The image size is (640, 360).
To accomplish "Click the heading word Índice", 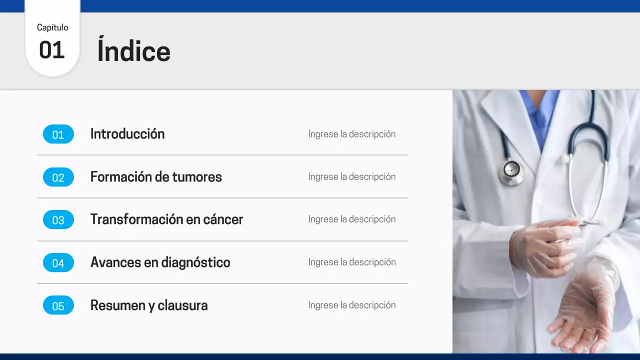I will (133, 51).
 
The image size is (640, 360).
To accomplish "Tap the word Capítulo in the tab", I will (52, 27).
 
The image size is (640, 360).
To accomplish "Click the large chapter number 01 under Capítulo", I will (52, 50).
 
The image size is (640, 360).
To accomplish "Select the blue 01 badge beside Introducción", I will (58, 134).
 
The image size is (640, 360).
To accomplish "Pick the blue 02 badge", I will (58, 177).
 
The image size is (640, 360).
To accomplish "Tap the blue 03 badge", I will (58, 219).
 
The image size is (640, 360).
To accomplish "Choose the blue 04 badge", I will (58, 262).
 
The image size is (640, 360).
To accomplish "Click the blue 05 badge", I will (58, 305).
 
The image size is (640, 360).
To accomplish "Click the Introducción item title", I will (127, 134).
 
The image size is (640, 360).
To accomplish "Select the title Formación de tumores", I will (156, 177).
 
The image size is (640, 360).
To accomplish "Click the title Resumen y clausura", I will (149, 305).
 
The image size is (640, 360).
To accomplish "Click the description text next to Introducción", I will (351, 134).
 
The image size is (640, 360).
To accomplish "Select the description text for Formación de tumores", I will (351, 176).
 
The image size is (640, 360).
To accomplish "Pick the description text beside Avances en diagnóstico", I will (351, 262).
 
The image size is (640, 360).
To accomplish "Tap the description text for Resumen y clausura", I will (351, 305).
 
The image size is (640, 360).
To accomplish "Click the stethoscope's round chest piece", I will (511, 170).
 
